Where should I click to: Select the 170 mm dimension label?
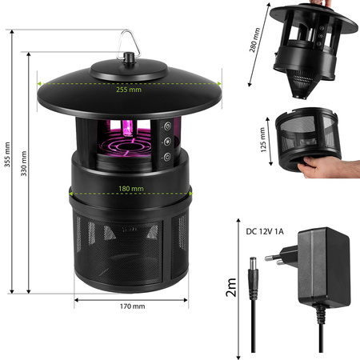134,306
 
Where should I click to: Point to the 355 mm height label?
8,169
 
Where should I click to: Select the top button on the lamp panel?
167,125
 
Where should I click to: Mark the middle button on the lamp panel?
167,141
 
